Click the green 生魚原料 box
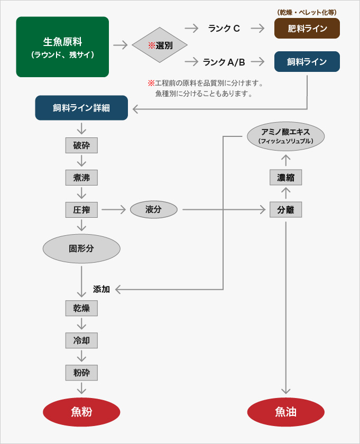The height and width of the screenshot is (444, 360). [x=62, y=47]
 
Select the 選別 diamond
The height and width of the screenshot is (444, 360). [x=160, y=45]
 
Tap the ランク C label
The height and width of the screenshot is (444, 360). [x=224, y=29]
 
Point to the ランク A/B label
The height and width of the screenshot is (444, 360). [x=224, y=62]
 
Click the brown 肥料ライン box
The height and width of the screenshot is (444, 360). [x=307, y=29]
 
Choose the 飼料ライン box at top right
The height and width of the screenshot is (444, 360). [x=307, y=62]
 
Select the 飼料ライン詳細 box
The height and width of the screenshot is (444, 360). [x=81, y=108]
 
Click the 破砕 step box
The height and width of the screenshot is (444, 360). [x=81, y=145]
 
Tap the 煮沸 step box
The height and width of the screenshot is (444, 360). [x=81, y=178]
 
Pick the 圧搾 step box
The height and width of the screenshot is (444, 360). [x=81, y=210]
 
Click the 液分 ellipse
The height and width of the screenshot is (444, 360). [x=153, y=210]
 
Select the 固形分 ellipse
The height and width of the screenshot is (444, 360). [x=81, y=248]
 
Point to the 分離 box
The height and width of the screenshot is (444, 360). [x=285, y=210]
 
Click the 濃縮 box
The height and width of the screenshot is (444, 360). [x=285, y=178]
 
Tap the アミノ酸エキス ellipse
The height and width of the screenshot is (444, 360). [x=285, y=136]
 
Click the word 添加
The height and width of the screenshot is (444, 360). [x=101, y=289]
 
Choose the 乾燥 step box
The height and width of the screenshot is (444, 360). [x=81, y=308]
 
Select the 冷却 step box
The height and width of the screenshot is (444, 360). [x=81, y=340]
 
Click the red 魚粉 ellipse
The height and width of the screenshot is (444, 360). [x=81, y=412]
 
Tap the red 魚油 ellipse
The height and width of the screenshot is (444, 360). [x=285, y=412]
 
